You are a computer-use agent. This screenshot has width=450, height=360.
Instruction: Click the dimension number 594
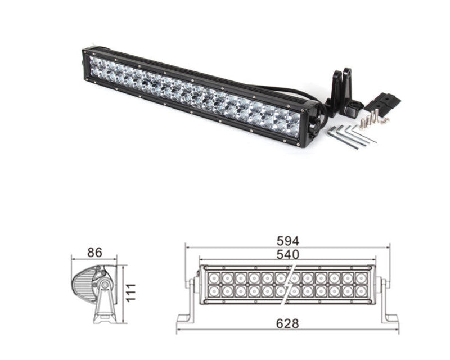287,240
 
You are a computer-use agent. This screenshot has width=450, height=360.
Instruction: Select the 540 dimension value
287,254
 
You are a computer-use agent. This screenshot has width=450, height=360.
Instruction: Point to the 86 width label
94,253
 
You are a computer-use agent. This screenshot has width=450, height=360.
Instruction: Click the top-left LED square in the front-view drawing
214,278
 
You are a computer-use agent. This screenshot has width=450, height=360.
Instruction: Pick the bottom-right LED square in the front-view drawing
362,291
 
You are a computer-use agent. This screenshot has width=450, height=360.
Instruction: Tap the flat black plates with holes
382,102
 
